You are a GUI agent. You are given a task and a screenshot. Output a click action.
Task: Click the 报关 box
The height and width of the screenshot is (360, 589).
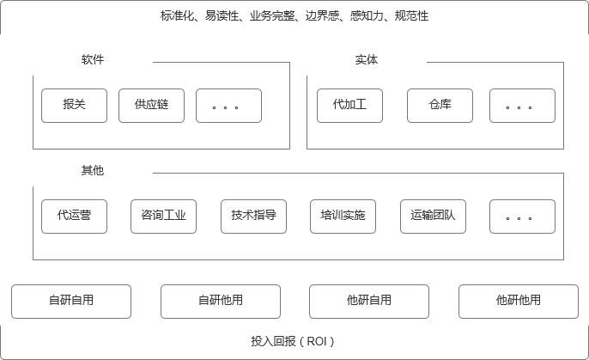pos(74,106)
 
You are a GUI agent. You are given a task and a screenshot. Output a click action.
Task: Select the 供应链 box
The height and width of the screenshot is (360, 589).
pos(151,106)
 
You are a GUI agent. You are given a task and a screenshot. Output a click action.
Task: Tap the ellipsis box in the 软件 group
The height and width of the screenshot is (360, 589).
pos(228,106)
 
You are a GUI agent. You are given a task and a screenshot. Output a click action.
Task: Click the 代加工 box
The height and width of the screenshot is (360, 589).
pos(349,106)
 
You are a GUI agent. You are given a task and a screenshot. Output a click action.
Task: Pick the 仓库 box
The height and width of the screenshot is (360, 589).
pos(440,106)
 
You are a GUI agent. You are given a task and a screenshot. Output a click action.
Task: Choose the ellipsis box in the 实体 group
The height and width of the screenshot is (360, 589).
pos(522,106)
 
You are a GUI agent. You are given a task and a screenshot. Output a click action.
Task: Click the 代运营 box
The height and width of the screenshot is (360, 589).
pos(74,217)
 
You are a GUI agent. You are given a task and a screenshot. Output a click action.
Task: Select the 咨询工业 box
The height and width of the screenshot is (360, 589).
pos(163,217)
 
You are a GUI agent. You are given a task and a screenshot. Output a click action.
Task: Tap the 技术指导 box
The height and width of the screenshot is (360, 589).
pos(253,217)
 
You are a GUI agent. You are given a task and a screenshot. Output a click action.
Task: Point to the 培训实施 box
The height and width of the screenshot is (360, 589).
pos(343,217)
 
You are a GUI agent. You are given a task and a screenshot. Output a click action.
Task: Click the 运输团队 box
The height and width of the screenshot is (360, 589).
pos(433,217)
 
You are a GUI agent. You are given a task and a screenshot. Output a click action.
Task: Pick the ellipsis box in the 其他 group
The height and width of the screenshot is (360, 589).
pos(522,217)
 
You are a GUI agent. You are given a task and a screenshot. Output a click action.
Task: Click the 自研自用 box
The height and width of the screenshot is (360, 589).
pos(71,302)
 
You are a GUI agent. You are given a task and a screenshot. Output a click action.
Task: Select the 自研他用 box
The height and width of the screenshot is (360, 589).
pos(221,302)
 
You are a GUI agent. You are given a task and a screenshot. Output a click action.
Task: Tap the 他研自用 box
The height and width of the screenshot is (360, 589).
pos(369,302)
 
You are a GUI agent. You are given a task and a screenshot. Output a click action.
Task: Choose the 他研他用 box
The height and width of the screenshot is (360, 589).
pos(519,302)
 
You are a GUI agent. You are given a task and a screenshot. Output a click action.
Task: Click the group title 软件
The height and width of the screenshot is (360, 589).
pos(93,59)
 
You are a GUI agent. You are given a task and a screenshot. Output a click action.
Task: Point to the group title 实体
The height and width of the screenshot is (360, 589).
pos(367,59)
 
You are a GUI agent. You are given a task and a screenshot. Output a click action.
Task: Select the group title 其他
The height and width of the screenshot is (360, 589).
pos(93,170)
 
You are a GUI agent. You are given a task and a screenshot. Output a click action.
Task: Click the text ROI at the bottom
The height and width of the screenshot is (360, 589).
pos(316,341)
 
